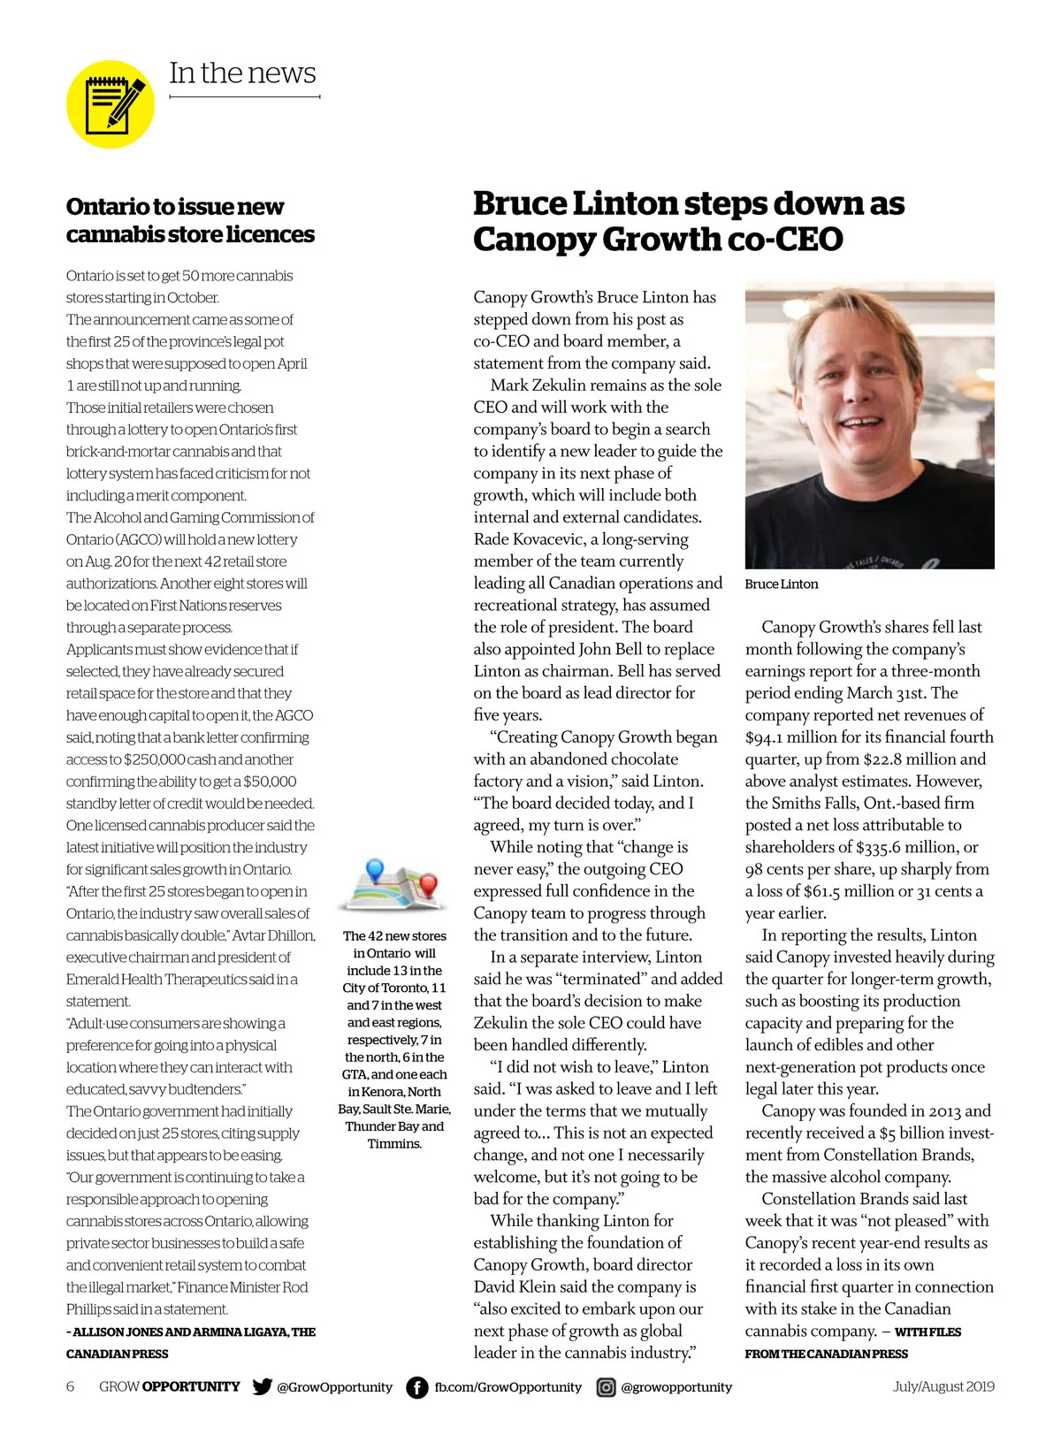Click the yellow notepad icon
tap(111, 104)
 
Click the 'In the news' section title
tap(242, 72)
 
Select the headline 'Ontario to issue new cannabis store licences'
tap(190, 220)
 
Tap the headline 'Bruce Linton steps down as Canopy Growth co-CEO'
tap(688, 221)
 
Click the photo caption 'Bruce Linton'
tap(782, 584)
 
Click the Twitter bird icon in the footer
tap(262, 1386)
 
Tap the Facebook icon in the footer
tap(416, 1387)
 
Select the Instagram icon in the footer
tap(606, 1387)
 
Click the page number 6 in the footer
tap(71, 1386)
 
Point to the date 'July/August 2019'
tap(943, 1386)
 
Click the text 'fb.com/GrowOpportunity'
tap(508, 1387)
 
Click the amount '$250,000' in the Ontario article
tap(154, 759)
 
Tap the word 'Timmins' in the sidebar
tap(393, 1144)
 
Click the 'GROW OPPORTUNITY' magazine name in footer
tap(169, 1386)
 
